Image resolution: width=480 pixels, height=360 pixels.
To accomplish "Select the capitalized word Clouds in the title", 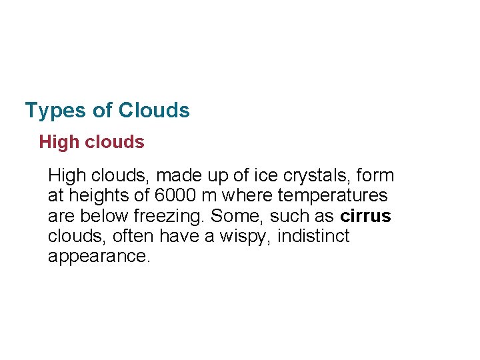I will pyautogui.click(x=154, y=110).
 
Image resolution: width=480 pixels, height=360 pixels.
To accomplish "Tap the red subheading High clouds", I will pyautogui.click(x=91, y=142).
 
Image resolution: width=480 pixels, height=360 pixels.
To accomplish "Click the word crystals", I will pyautogui.click(x=319, y=176).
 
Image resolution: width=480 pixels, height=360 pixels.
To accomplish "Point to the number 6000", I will pyautogui.click(x=175, y=196).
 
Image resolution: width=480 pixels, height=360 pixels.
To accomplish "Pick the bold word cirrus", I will pyautogui.click(x=365, y=217).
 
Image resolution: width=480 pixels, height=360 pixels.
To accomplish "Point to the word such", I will pyautogui.click(x=285, y=217).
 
